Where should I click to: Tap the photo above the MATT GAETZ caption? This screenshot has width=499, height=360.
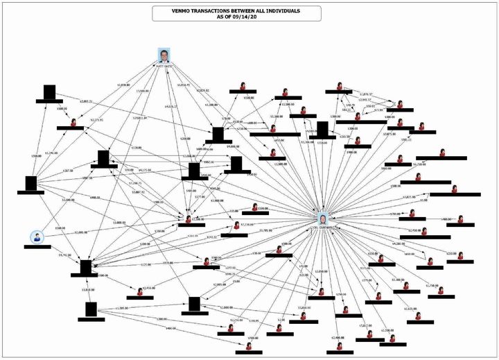coord(164,55)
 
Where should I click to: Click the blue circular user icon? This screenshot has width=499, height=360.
coord(36,237)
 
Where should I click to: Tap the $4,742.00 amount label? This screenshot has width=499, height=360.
coord(64,255)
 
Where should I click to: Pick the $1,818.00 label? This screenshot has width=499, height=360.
coord(88,289)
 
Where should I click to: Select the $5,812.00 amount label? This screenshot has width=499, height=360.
coord(367,325)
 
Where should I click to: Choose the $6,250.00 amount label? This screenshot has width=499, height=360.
coord(419,164)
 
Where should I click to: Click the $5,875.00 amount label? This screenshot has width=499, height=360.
coord(389,134)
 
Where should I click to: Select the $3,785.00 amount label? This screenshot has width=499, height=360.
coord(265,230)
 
